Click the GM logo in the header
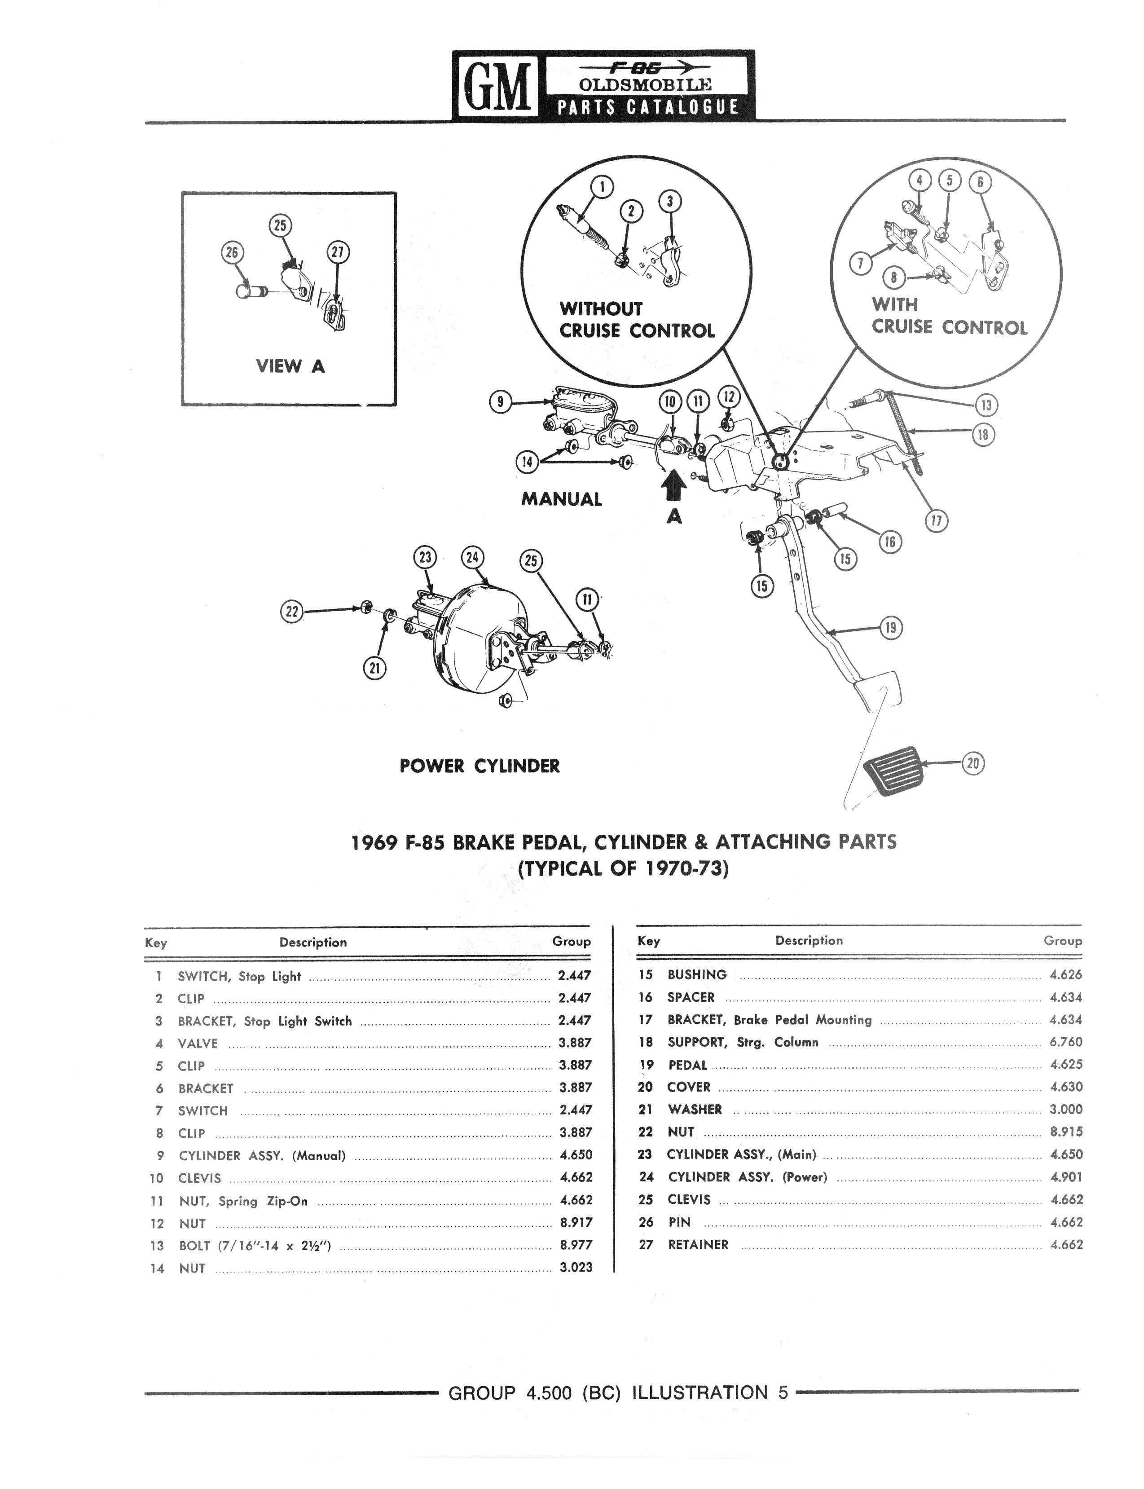click(x=496, y=87)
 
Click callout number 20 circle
click(x=973, y=763)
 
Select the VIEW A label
click(x=290, y=366)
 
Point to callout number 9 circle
click(x=501, y=402)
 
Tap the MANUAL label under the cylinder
click(x=562, y=499)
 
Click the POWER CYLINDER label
click(x=480, y=766)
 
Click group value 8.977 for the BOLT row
click(x=576, y=1245)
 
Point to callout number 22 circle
click(x=292, y=612)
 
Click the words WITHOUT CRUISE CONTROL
click(x=637, y=319)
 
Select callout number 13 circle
click(x=986, y=405)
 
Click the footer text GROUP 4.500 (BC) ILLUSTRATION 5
click(x=618, y=1393)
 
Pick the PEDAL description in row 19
click(x=688, y=1065)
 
